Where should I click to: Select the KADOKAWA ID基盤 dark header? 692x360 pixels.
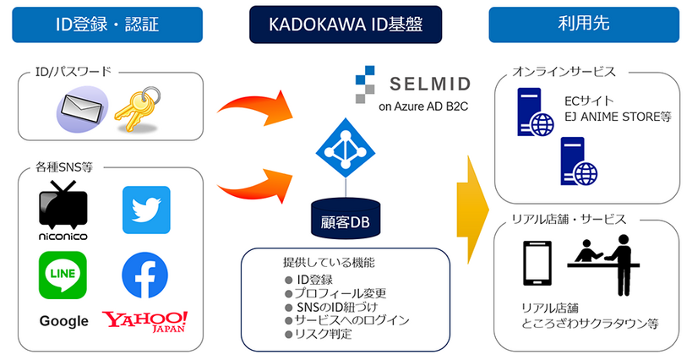(346, 25)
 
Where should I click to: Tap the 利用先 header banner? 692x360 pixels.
(585, 25)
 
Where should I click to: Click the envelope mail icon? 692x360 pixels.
(81, 111)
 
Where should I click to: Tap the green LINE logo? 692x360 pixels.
(63, 275)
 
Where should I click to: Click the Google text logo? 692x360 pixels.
(63, 321)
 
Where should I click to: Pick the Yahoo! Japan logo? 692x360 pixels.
(145, 321)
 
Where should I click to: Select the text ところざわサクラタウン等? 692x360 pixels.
(589, 324)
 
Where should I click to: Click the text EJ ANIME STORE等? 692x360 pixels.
(618, 116)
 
